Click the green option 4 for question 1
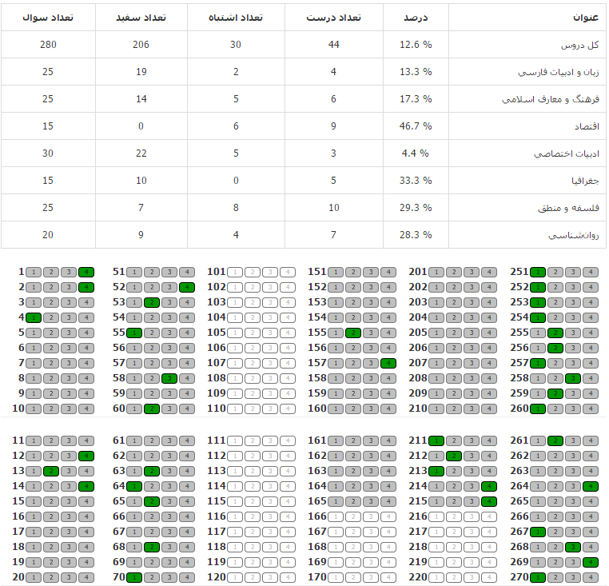[x=86, y=272]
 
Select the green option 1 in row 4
[x=34, y=317]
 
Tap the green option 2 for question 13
[x=51, y=471]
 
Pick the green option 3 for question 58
[x=169, y=378]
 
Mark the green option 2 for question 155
[x=353, y=333]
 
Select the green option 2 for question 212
[x=454, y=456]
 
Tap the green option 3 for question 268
[x=573, y=547]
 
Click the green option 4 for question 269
[x=591, y=562]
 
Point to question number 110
[x=217, y=409]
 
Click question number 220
[x=417, y=577]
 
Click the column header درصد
[x=416, y=17]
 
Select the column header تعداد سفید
[x=141, y=17]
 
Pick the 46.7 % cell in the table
[x=416, y=126]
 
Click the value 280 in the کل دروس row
[x=48, y=44]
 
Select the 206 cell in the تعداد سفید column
[x=141, y=44]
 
